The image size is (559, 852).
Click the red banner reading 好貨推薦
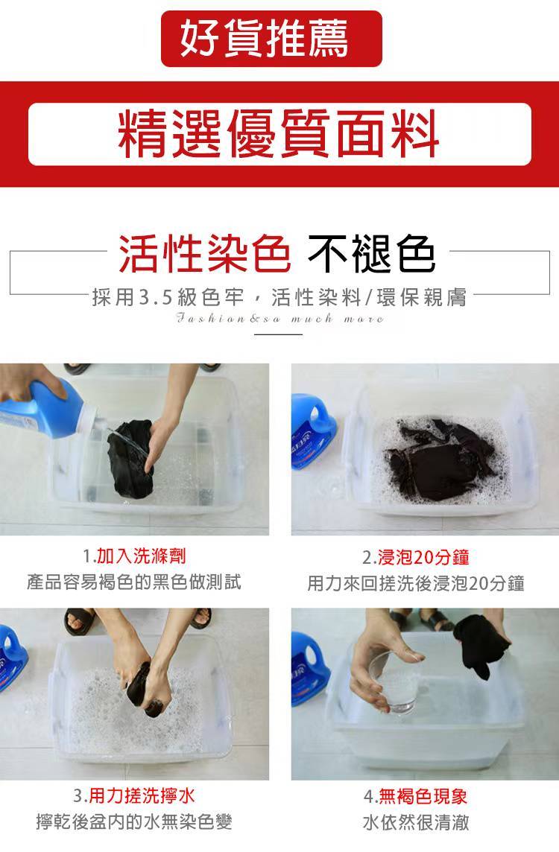[x=271, y=39]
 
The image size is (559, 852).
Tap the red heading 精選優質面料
[x=279, y=133]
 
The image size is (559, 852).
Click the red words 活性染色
[x=204, y=254]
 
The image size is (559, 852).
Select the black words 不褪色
[x=371, y=254]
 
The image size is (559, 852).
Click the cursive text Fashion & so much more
[x=280, y=319]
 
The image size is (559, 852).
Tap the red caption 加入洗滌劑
[x=142, y=556]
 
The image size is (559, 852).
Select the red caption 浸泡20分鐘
[x=423, y=557]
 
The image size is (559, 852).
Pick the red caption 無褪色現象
[x=423, y=797]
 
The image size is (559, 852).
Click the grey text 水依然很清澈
[x=416, y=822]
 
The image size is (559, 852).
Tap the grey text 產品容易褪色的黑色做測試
[x=133, y=582]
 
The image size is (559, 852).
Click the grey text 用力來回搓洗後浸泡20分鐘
[x=416, y=583]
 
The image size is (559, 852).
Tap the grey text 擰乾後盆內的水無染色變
[x=133, y=821]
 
